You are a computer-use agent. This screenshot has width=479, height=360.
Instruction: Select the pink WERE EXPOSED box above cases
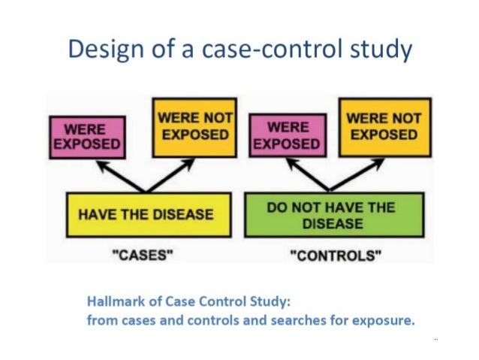[x=86, y=136]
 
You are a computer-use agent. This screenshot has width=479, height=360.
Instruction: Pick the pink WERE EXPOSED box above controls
[x=288, y=135]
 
